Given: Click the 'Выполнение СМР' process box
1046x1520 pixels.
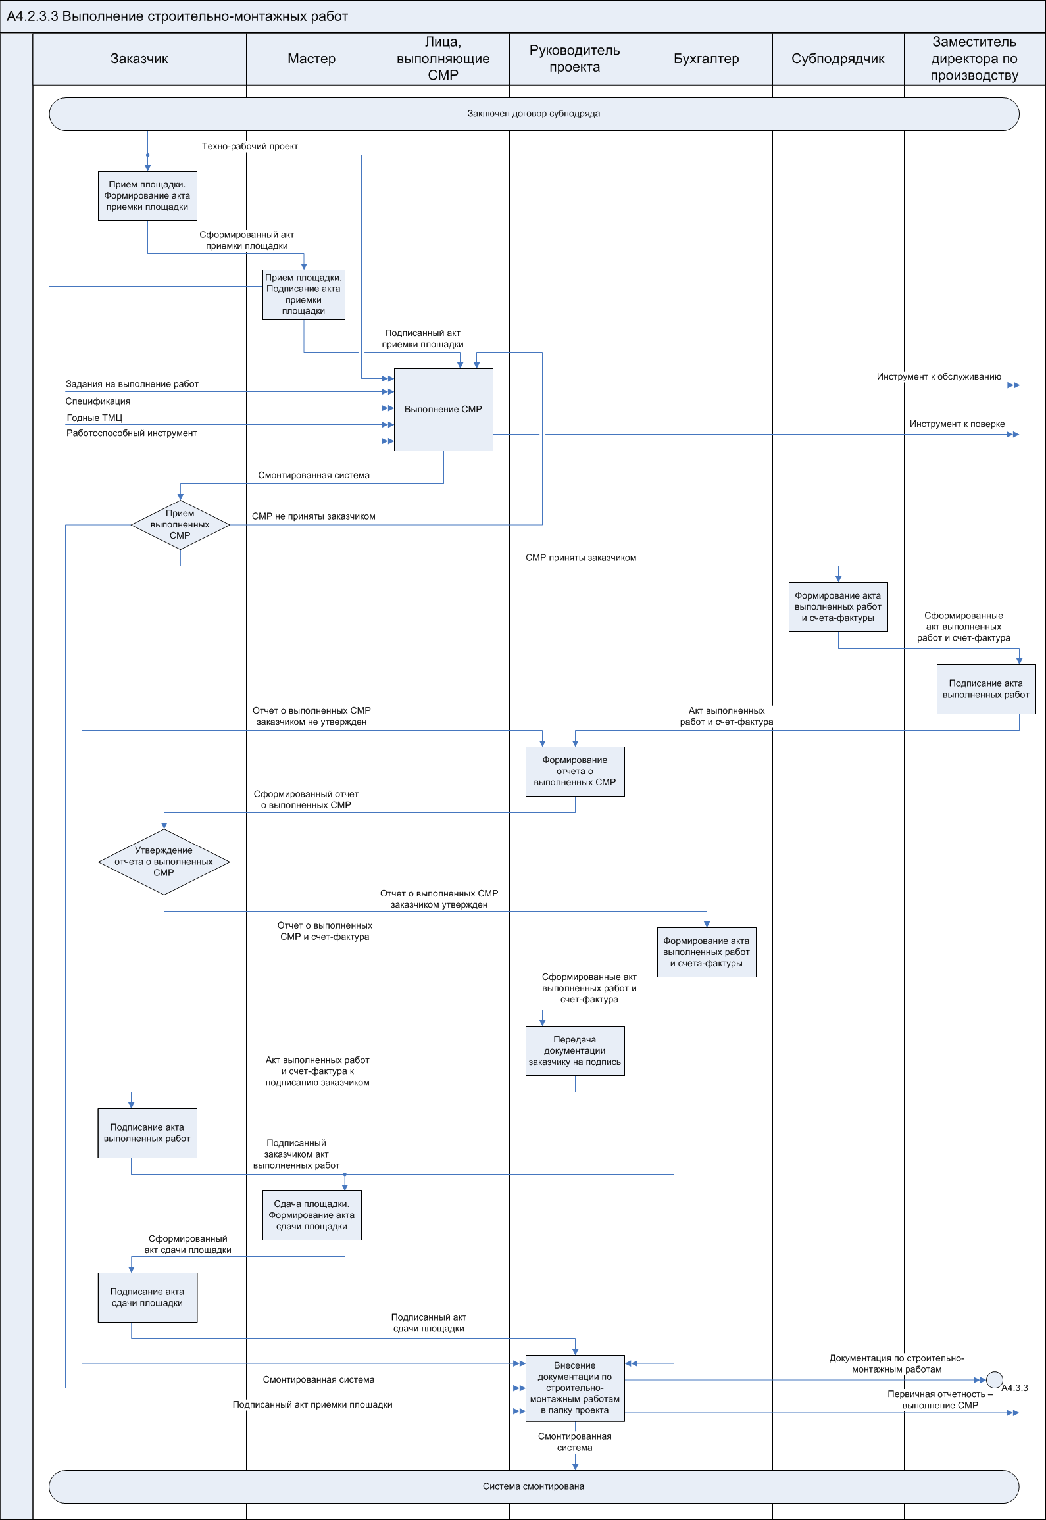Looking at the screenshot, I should coord(443,409).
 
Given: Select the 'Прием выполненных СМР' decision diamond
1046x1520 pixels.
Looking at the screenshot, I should coord(180,525).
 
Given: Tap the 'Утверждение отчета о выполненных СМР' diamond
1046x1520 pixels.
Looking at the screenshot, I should coord(164,862).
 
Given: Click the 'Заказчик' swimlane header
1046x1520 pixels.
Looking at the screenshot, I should coord(139,59).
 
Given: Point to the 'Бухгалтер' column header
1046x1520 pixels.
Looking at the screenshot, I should coord(706,59).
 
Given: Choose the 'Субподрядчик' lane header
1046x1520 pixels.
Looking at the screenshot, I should coord(837,59).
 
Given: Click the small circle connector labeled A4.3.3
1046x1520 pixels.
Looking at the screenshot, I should coord(995,1379).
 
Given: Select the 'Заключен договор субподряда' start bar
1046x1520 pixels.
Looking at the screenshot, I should coord(534,114).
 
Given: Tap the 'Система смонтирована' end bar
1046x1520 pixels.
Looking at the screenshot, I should coord(534,1486).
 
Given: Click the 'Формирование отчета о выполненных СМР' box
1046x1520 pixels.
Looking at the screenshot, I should coord(575,771).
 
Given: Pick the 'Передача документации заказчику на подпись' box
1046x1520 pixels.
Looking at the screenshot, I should coord(575,1050).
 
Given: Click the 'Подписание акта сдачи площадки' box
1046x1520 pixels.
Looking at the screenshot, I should coord(147,1297).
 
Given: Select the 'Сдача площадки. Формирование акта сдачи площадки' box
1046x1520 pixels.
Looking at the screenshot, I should coord(312,1215).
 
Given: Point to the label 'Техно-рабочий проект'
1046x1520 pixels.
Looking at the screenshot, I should coord(250,146).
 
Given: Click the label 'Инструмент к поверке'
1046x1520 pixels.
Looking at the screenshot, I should coord(957,424).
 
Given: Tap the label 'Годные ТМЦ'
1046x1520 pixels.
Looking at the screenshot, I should coord(95,418).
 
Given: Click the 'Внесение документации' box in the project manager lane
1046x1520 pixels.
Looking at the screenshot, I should coord(575,1388).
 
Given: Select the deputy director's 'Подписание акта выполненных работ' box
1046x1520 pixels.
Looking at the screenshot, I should coord(985,689).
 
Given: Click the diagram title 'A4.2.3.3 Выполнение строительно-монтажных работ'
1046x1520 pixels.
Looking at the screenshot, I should coord(178,16).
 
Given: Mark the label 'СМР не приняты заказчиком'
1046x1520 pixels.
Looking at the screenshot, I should coord(313,516).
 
